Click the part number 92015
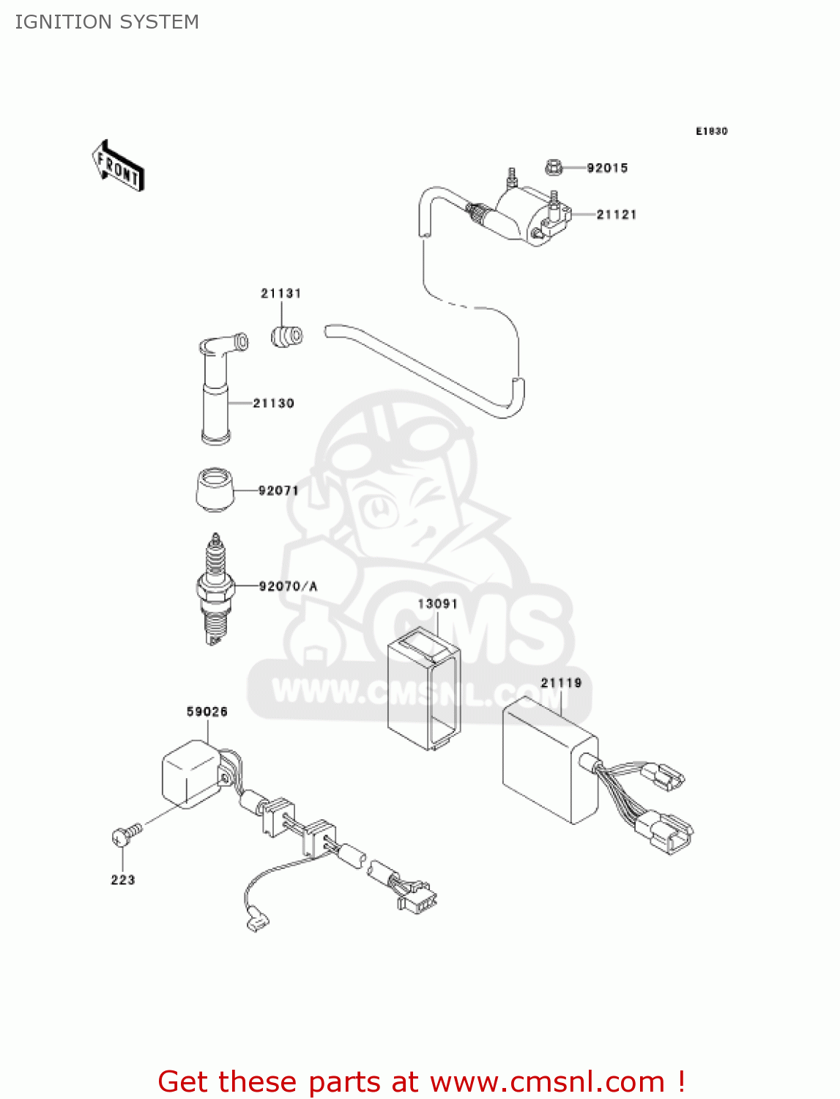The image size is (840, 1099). [x=607, y=168]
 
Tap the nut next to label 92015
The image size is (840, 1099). [x=554, y=168]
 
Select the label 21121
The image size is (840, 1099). [x=616, y=215]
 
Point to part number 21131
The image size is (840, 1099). [x=281, y=294]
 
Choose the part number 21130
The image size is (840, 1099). [x=273, y=404]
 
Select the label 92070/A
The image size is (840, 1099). [x=288, y=586]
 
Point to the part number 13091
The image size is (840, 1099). [x=437, y=604]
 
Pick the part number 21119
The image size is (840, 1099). [x=561, y=684]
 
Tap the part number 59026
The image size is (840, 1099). [x=207, y=712]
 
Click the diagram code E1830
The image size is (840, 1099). [x=711, y=131]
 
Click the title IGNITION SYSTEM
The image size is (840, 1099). [x=107, y=22]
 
